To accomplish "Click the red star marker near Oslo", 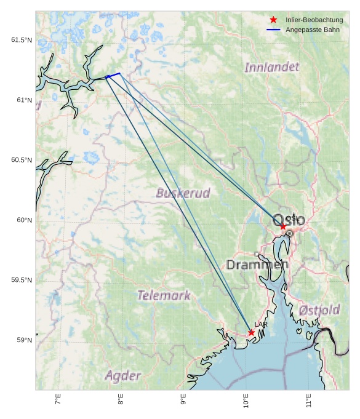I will (x=283, y=226).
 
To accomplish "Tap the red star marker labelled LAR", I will (x=251, y=332).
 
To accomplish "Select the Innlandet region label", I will (x=271, y=67).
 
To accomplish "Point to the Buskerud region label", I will (x=183, y=193).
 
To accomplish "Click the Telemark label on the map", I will (x=164, y=295).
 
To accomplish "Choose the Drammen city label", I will (x=257, y=265).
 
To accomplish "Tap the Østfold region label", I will (x=319, y=311).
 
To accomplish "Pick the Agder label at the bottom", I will (x=122, y=375).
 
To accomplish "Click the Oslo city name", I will (x=289, y=220).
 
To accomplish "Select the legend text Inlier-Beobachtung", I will (x=314, y=20).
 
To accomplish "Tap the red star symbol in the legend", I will (x=273, y=20).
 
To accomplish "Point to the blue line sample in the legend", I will (x=273, y=30).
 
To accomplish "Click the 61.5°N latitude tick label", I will (x=21, y=40).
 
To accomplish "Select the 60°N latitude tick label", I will (x=23, y=220).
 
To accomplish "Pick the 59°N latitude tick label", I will (x=23, y=340).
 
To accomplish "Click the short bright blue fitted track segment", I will (x=113, y=75).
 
